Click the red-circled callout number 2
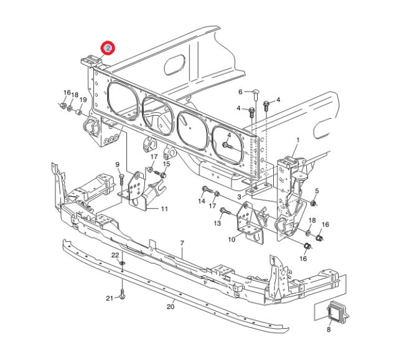pos(108,48)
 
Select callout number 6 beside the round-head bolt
pos(240,92)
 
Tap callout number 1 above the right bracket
pos(298,140)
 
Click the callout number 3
pos(240,197)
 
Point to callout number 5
pos(317,191)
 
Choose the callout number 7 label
pos(182,243)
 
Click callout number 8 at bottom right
pos(329,329)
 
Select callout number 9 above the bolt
pos(118,165)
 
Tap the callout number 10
pos(232,239)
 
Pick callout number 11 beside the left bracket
pos(164,209)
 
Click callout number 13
pos(218,223)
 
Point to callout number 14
pos(202,201)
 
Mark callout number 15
pos(166,164)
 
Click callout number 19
pos(83,100)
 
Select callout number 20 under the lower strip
pos(171,306)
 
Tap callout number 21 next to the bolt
pos(110,298)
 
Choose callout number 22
pos(115,255)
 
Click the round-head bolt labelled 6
pos(255,95)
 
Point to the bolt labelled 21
pos(122,294)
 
